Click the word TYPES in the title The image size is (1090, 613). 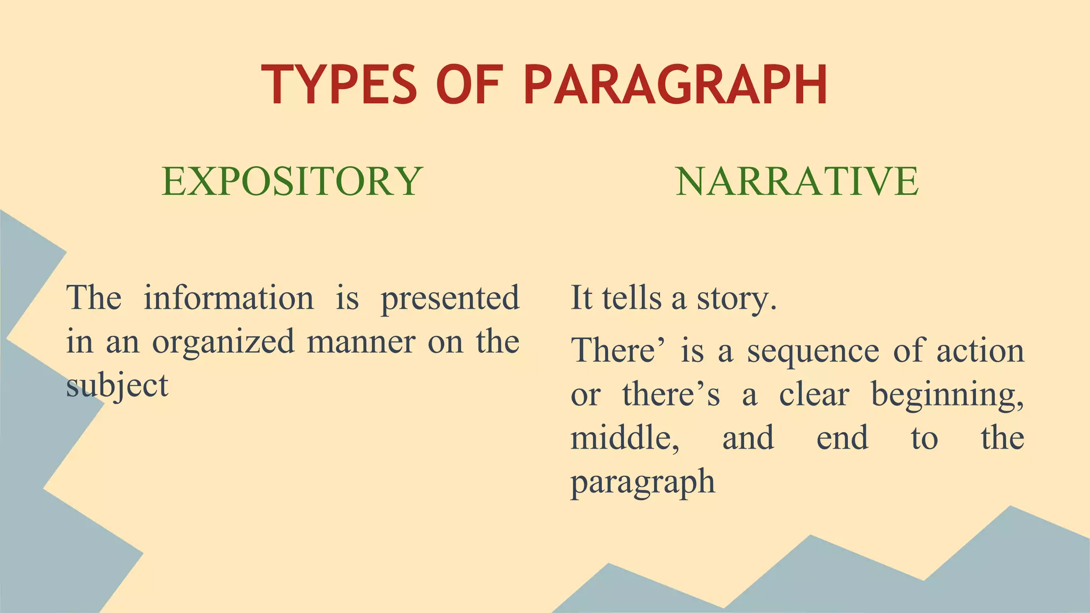coord(339,85)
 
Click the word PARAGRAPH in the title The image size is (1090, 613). coord(675,85)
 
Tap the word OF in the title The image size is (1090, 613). coord(469,85)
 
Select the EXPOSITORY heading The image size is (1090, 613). coord(292,181)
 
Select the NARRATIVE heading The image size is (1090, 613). coord(797,181)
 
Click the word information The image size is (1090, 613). coord(229,298)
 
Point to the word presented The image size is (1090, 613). coord(450,299)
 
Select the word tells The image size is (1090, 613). coord(632,298)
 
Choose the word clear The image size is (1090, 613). coord(814,395)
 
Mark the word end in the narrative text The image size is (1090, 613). coord(842,438)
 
